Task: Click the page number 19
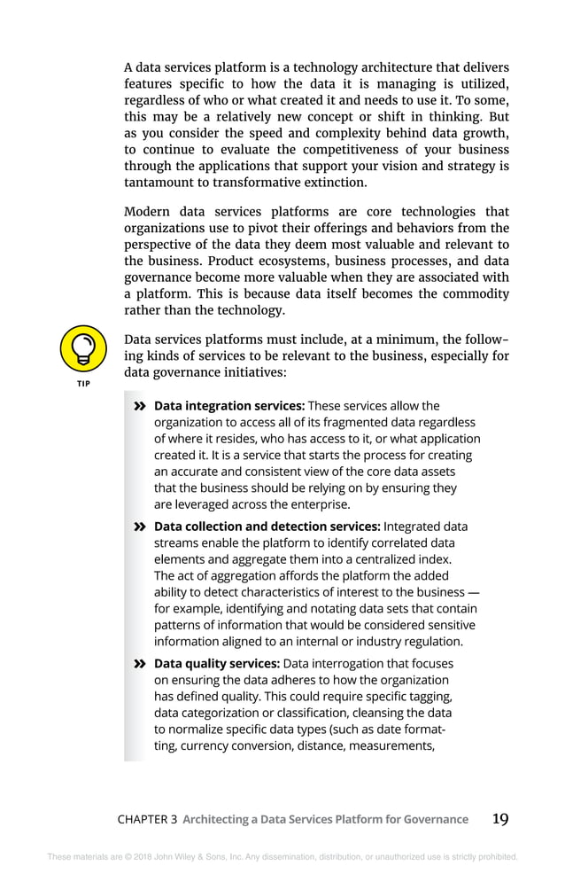tap(500, 818)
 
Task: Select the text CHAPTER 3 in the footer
tap(147, 820)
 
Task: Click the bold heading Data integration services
tap(229, 406)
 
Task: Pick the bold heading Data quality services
tap(217, 664)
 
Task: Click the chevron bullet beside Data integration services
tap(139, 407)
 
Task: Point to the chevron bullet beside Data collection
tap(139, 527)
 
